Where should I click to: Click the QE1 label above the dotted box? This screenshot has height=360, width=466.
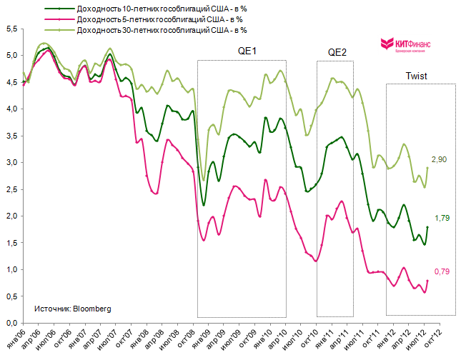pyautogui.click(x=247, y=51)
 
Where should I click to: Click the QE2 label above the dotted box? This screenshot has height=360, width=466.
pyautogui.click(x=337, y=52)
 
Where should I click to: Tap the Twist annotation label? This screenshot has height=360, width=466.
pyautogui.click(x=417, y=75)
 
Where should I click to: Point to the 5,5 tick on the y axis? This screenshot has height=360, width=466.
pyautogui.click(x=11, y=29)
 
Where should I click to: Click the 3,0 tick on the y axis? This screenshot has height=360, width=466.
pyautogui.click(x=11, y=162)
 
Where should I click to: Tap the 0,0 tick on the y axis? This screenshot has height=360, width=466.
pyautogui.click(x=11, y=323)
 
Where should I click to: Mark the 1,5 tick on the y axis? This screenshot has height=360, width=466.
pyautogui.click(x=11, y=243)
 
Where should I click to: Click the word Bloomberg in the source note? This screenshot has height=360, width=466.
pyautogui.click(x=91, y=309)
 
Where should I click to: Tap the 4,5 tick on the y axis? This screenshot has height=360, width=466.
pyautogui.click(x=11, y=83)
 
